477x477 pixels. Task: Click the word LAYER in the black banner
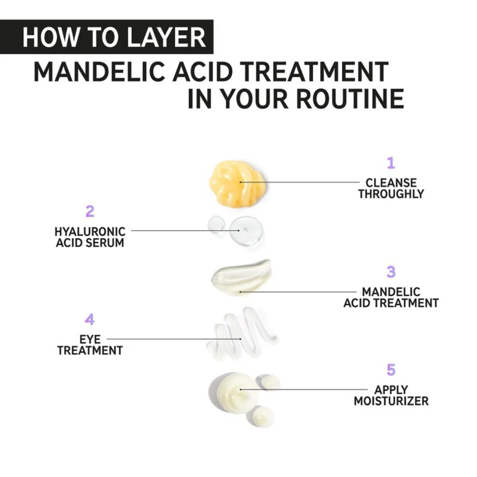pos(166,37)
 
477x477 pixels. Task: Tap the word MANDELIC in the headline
pos(100,72)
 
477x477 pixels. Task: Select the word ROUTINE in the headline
pos(350,99)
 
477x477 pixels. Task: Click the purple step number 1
pos(391,163)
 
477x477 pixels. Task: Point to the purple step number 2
pos(90,211)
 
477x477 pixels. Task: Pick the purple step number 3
pos(391,272)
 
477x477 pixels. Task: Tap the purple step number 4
pos(90,320)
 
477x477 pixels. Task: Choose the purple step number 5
pos(391,370)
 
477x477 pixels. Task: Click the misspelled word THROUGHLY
pos(391,194)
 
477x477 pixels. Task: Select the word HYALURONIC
pos(90,232)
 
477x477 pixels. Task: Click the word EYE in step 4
pos(90,340)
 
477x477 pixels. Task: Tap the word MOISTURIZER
pos(391,401)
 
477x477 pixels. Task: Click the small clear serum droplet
pos(216,225)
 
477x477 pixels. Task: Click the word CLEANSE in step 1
pos(391,183)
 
